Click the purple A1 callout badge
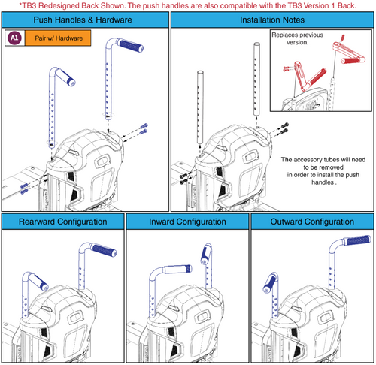click(x=14, y=38)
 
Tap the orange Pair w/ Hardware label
click(x=58, y=38)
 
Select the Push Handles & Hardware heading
click(x=83, y=20)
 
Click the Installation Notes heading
click(x=272, y=20)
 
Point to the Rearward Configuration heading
click(x=63, y=222)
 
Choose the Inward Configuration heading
click(x=187, y=222)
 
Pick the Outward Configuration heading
click(x=312, y=222)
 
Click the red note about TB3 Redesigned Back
click(x=188, y=5)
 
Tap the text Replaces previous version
click(x=298, y=38)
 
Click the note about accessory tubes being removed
click(x=323, y=171)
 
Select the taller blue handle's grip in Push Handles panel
click(x=131, y=45)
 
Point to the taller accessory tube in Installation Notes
click(x=256, y=79)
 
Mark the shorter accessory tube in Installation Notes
click(x=200, y=107)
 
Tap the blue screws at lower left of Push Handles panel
click(x=24, y=189)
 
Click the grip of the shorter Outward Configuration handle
click(x=269, y=284)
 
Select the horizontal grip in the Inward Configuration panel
click(x=178, y=269)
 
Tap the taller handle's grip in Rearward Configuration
click(x=105, y=250)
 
